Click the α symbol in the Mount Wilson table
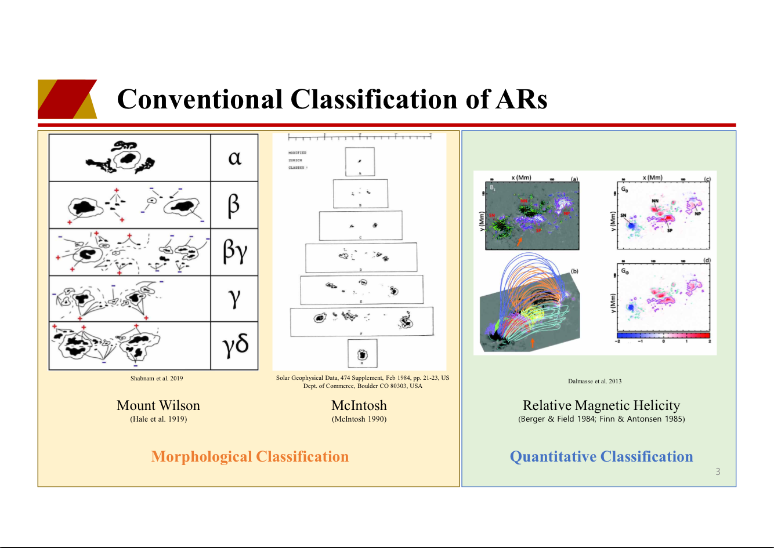pyautogui.click(x=234, y=157)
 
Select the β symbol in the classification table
pyautogui.click(x=234, y=205)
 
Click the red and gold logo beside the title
pyautogui.click(x=67, y=99)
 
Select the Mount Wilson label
pyautogui.click(x=158, y=405)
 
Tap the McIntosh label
pyautogui.click(x=359, y=405)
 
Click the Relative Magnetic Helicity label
pyautogui.click(x=601, y=405)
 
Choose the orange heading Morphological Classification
pyautogui.click(x=250, y=456)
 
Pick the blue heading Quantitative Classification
pyautogui.click(x=601, y=456)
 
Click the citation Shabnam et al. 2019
pyautogui.click(x=157, y=378)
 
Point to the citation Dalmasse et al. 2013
pyautogui.click(x=595, y=381)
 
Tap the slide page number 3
pyautogui.click(x=718, y=471)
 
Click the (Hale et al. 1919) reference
pyautogui.click(x=158, y=419)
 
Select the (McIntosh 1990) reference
pyautogui.click(x=359, y=419)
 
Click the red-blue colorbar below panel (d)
pyautogui.click(x=663, y=335)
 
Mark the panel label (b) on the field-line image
pyautogui.click(x=574, y=271)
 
